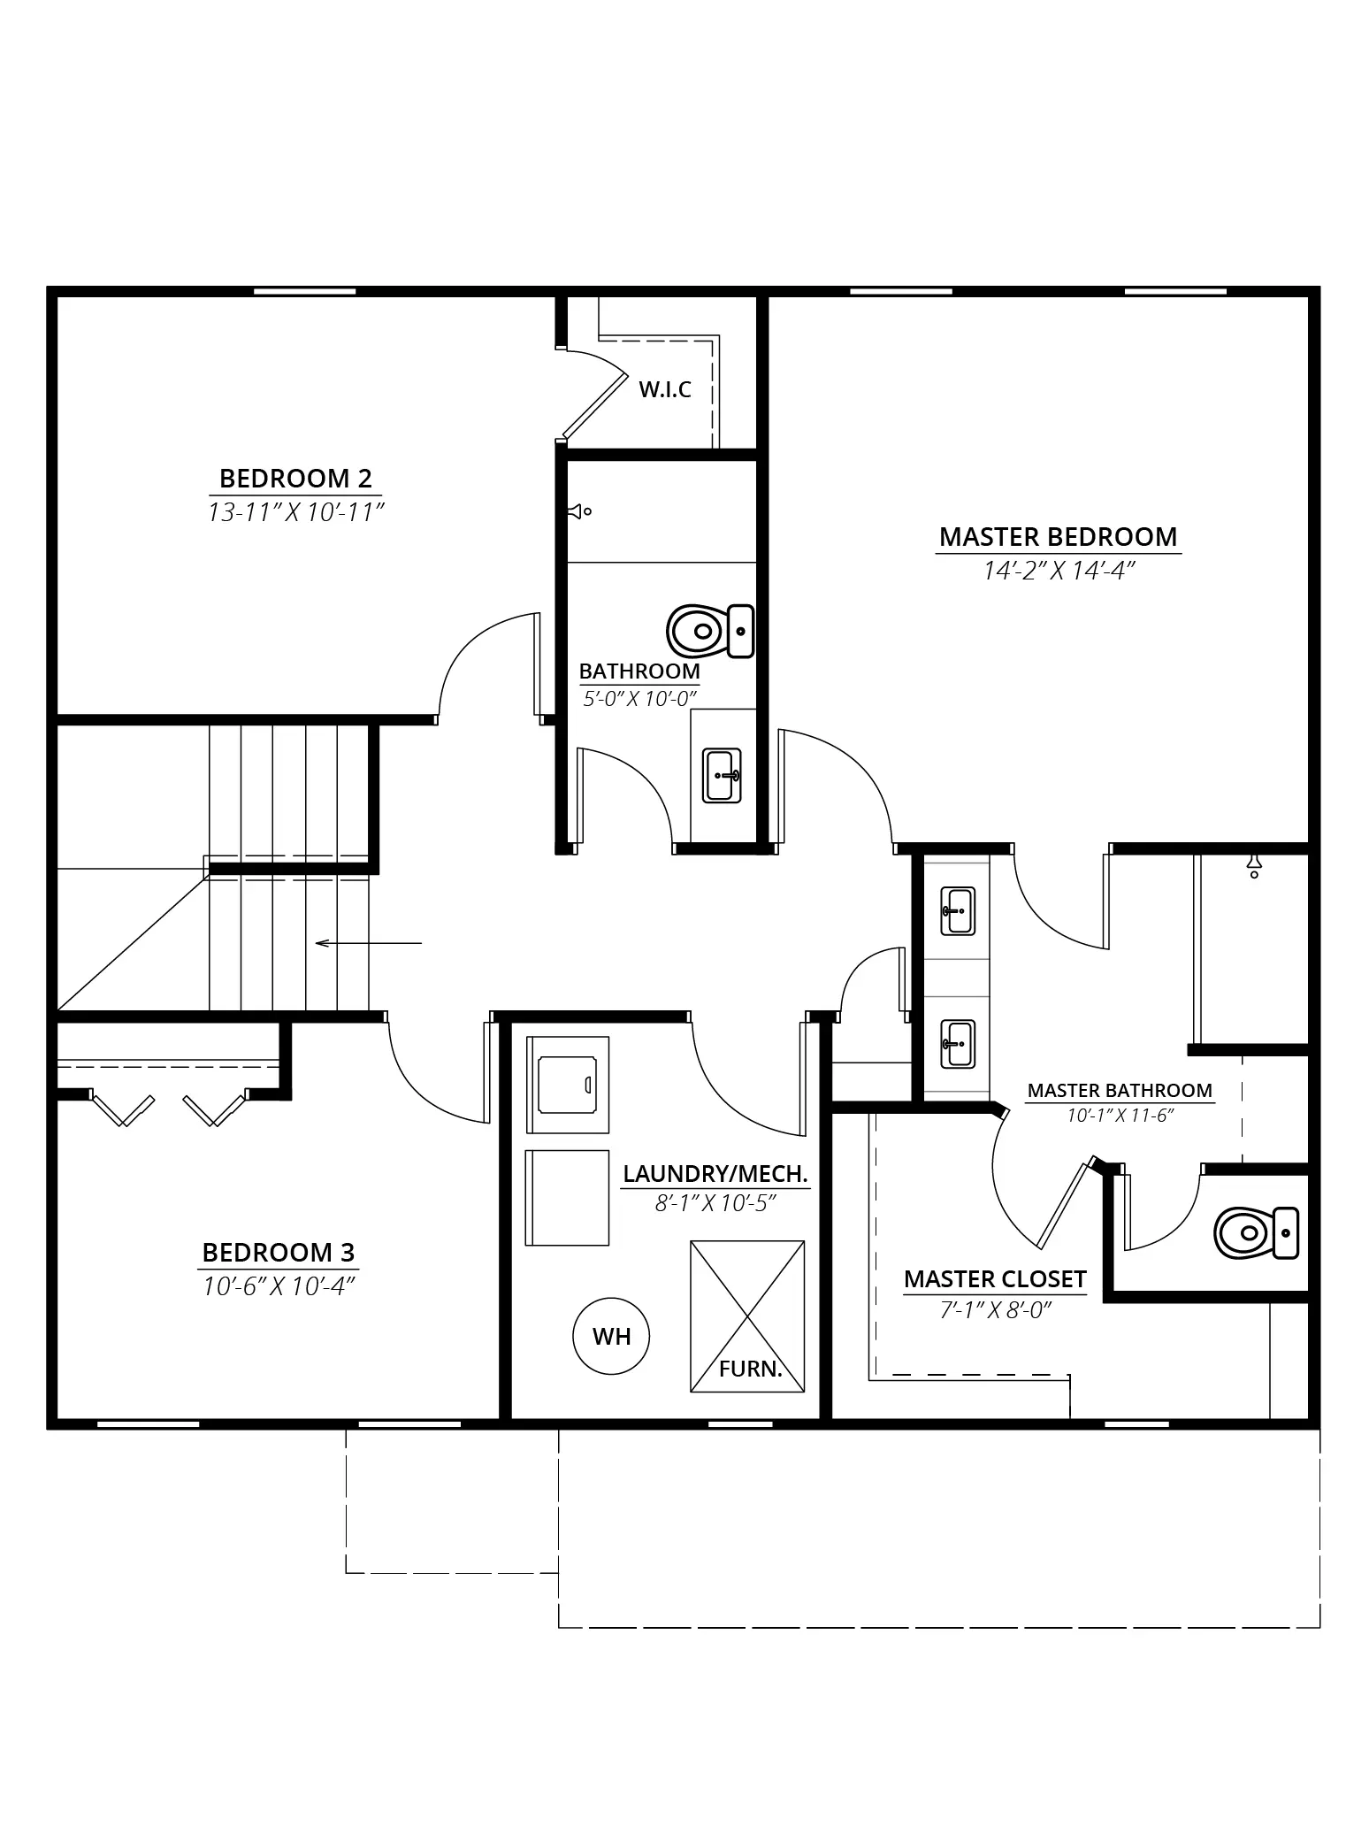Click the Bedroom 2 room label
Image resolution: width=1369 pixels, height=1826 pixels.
[x=295, y=479]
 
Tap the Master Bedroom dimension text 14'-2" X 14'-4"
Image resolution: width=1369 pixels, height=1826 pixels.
[x=1059, y=572]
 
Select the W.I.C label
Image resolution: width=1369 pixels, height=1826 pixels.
[x=665, y=389]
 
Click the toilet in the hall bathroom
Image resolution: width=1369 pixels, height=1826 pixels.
[x=710, y=632]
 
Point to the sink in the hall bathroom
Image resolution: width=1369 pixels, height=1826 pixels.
[x=722, y=775]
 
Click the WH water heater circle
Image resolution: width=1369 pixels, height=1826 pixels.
[x=611, y=1336]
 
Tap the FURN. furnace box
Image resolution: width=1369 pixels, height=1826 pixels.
[x=747, y=1316]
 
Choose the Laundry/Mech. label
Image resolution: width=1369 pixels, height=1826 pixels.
[x=715, y=1174]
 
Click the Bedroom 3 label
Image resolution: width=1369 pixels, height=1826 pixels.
[x=279, y=1253]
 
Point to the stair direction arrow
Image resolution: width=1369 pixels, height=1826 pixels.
[x=369, y=943]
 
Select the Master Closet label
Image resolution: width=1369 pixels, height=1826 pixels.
[x=995, y=1279]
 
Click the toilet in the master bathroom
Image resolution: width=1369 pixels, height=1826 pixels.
[x=1257, y=1232]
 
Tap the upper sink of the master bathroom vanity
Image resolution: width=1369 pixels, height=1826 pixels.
[x=958, y=911]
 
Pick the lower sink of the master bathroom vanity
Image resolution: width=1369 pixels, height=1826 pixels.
[x=958, y=1044]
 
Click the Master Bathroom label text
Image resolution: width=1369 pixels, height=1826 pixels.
[x=1120, y=1091]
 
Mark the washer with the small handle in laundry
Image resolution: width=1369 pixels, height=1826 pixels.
[x=568, y=1085]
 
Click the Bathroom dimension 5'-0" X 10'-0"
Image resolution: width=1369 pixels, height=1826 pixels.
[x=639, y=699]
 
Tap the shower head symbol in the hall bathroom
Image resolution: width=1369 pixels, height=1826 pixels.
[x=580, y=511]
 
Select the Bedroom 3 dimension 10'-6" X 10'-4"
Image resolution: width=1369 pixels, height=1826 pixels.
[x=279, y=1286]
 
